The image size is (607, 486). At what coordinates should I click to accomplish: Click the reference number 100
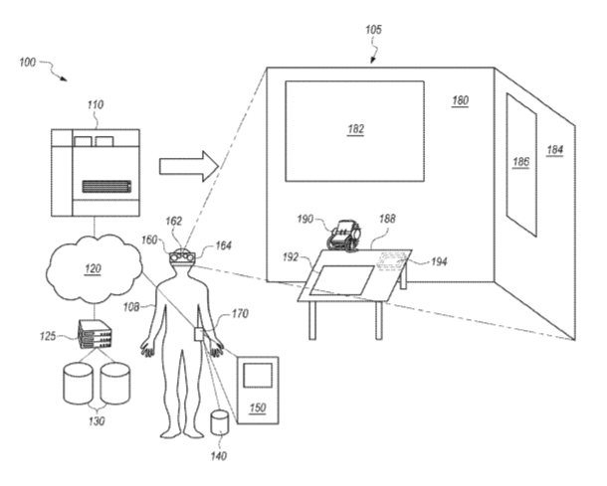[x=27, y=63]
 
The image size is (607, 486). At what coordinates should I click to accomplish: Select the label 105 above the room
[x=373, y=30]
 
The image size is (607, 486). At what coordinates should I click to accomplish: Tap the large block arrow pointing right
[x=189, y=166]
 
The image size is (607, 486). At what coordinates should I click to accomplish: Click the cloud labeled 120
[x=94, y=268]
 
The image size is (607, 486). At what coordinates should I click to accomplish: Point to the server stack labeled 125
[x=95, y=334]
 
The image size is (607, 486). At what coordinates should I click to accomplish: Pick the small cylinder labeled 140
[x=219, y=423]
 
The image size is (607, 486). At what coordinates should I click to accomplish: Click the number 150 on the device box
[x=258, y=407]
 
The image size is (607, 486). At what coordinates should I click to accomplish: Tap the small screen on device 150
[x=258, y=375]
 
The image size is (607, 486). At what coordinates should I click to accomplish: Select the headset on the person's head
[x=182, y=257]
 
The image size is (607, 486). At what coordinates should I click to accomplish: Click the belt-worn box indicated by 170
[x=199, y=335]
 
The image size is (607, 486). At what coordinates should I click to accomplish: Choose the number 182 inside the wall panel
[x=355, y=129]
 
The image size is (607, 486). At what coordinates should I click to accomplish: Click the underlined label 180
[x=461, y=100]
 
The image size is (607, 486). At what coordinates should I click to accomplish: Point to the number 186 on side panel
[x=521, y=162]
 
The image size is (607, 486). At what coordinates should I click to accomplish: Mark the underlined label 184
[x=555, y=150]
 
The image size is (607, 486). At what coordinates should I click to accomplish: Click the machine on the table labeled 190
[x=343, y=236]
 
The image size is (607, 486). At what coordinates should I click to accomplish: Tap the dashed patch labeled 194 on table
[x=392, y=261]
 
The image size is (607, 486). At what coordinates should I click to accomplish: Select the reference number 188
[x=387, y=219]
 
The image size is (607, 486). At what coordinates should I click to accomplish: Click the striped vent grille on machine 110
[x=106, y=187]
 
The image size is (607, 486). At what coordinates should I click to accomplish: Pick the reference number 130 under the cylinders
[x=97, y=420]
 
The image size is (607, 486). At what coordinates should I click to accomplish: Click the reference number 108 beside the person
[x=131, y=307]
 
